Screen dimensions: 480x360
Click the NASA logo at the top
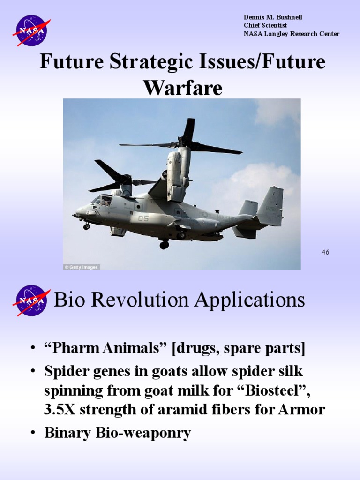pyautogui.click(x=30, y=30)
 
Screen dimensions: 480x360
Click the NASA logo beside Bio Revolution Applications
pyautogui.click(x=30, y=300)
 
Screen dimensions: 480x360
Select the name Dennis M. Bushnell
pyautogui.click(x=273, y=17)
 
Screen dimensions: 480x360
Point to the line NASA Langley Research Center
pyautogui.click(x=291, y=34)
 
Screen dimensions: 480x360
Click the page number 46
pyautogui.click(x=325, y=252)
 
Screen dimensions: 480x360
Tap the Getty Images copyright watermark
pyautogui.click(x=82, y=267)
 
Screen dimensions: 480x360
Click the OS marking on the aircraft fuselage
pyautogui.click(x=143, y=218)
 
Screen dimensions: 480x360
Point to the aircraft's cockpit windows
pyautogui.click(x=103, y=200)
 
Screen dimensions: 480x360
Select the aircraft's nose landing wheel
pyautogui.click(x=87, y=226)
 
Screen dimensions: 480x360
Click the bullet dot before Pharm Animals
pyautogui.click(x=32, y=349)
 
